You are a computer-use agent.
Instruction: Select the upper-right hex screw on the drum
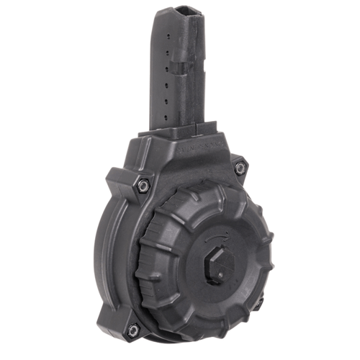[x=240, y=167]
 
